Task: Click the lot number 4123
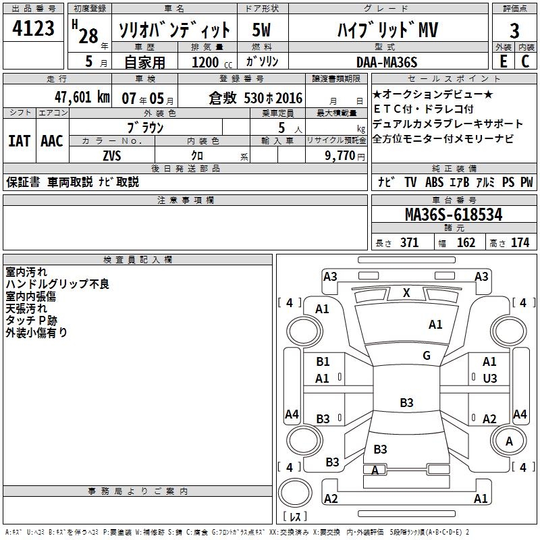34,30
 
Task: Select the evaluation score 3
514,30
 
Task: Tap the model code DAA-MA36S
387,62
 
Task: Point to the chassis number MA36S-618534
454,215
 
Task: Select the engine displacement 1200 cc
206,62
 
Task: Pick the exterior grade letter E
503,61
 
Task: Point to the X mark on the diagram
406,292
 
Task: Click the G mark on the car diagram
427,356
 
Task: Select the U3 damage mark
490,378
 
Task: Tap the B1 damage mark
323,362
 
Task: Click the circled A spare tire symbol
509,441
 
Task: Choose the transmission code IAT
20,140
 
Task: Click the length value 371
410,242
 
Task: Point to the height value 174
520,242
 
